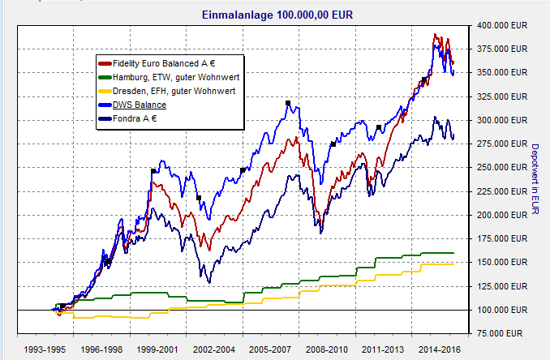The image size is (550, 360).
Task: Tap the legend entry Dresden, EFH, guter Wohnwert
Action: pyautogui.click(x=170, y=91)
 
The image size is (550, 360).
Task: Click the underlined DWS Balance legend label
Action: pyautogui.click(x=140, y=105)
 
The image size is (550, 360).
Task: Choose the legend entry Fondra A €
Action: pyautogui.click(x=135, y=118)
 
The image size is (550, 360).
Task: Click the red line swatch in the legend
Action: pyautogui.click(x=105, y=62)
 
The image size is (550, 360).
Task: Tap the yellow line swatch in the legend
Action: pyautogui.click(x=105, y=91)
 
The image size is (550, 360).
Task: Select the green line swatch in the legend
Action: pyautogui.click(x=105, y=76)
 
